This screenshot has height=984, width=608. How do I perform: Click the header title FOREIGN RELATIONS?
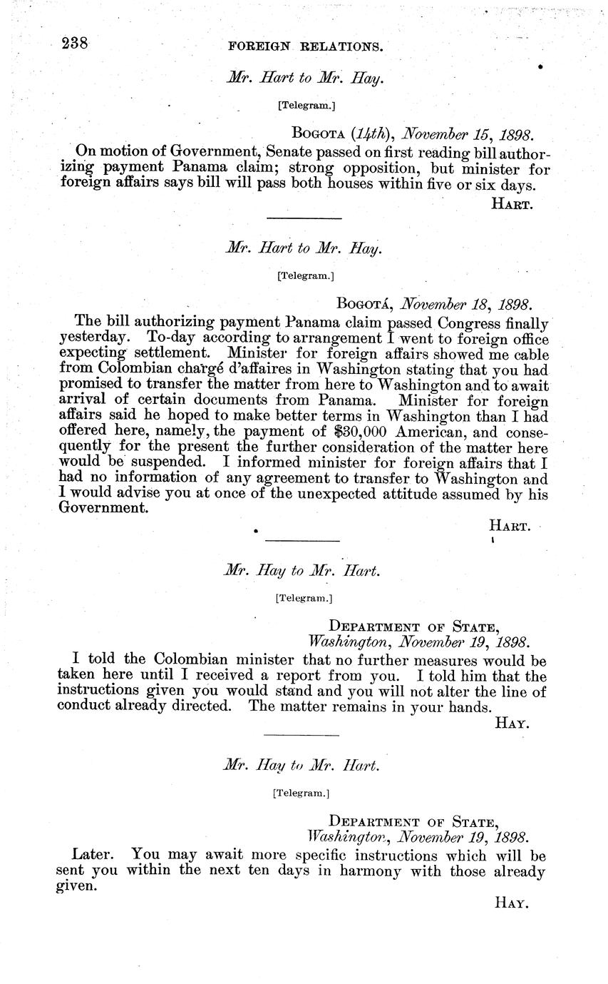pos(305,48)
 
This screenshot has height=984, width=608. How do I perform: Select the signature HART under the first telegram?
pos(511,203)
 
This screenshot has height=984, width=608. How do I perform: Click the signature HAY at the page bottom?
pos(511,902)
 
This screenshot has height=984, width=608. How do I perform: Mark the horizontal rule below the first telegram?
pos(304,218)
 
